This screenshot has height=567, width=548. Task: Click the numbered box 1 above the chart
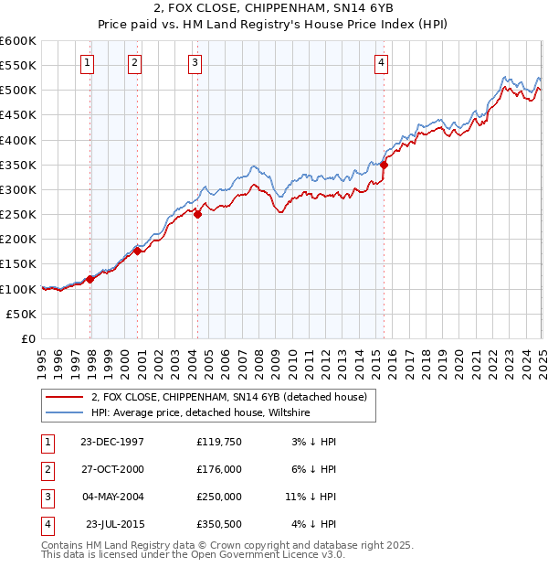86,63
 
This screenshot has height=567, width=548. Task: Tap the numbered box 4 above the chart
380,63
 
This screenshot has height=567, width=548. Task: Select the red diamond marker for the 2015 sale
385,165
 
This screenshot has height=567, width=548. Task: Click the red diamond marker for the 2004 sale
197,215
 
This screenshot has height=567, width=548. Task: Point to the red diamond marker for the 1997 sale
90,279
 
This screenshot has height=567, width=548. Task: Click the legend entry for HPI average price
200,413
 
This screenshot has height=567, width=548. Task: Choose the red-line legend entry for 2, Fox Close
228,397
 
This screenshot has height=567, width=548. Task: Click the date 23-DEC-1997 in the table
111,442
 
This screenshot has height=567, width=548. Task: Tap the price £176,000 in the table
218,468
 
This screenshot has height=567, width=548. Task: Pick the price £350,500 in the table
218,524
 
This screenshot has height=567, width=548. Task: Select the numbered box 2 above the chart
134,63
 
